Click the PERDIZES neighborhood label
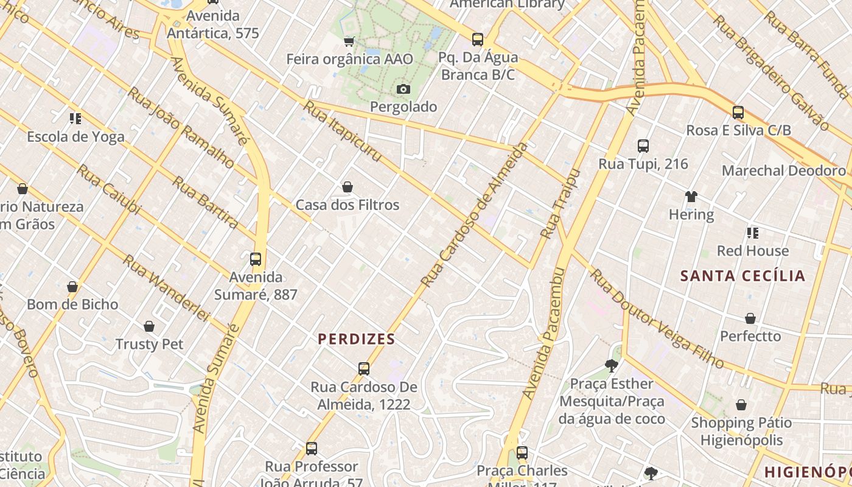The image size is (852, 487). click(357, 339)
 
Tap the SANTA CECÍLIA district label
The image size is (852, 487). click(742, 276)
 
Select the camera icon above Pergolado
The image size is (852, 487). click(403, 89)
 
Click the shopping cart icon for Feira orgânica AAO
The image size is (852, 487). click(349, 41)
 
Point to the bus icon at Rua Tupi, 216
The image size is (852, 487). click(643, 146)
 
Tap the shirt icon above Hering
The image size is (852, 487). click(691, 197)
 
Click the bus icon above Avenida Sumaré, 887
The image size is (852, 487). click(256, 259)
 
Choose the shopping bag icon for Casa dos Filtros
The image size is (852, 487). click(347, 187)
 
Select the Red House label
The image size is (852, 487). click(752, 251)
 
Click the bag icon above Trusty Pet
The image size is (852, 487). click(149, 327)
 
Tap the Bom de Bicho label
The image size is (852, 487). click(72, 304)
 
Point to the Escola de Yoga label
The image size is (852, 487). click(75, 136)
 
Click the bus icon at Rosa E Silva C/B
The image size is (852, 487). click(738, 113)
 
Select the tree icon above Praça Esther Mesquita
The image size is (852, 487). click(612, 366)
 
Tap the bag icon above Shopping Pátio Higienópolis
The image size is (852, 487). click(741, 405)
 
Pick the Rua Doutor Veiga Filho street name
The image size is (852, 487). click(657, 319)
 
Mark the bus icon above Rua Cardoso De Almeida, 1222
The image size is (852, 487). click(364, 369)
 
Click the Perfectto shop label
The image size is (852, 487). click(750, 336)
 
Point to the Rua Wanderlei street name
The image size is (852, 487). click(166, 287)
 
